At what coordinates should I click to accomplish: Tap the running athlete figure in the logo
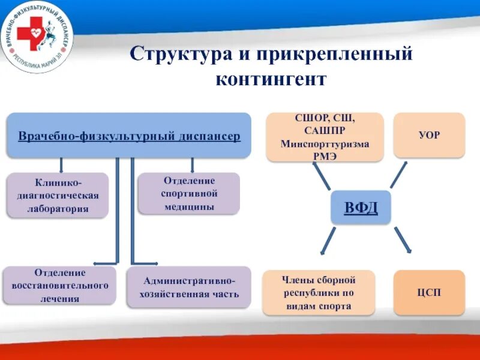pyautogui.click(x=49, y=34)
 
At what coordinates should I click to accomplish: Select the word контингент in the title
pyautogui.click(x=271, y=79)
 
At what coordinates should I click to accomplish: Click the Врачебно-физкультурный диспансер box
pyautogui.click(x=129, y=136)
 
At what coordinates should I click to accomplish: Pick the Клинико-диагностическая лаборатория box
pyautogui.click(x=58, y=196)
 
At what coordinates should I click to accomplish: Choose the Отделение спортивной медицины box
pyautogui.click(x=189, y=193)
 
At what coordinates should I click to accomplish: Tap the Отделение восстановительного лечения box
pyautogui.click(x=59, y=286)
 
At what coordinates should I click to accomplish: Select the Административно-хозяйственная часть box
pyautogui.click(x=189, y=287)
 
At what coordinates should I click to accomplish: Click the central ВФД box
pyautogui.click(x=361, y=207)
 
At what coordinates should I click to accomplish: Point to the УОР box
pyautogui.click(x=429, y=135)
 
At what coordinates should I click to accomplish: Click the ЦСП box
pyautogui.click(x=429, y=292)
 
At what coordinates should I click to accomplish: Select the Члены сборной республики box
pyautogui.click(x=319, y=293)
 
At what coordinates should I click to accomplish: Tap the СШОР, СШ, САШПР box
pyautogui.click(x=325, y=137)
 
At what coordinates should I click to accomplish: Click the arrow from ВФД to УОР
pyautogui.click(x=398, y=175)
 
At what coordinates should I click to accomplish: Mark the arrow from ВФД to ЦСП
pyautogui.click(x=403, y=240)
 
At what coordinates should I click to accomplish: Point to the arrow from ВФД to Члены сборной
pyautogui.click(x=328, y=241)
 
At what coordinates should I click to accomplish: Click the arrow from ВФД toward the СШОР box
pyautogui.click(x=321, y=176)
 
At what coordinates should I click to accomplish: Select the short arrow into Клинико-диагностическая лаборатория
pyautogui.click(x=61, y=166)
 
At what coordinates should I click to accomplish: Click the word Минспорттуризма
pyautogui.click(x=325, y=143)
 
